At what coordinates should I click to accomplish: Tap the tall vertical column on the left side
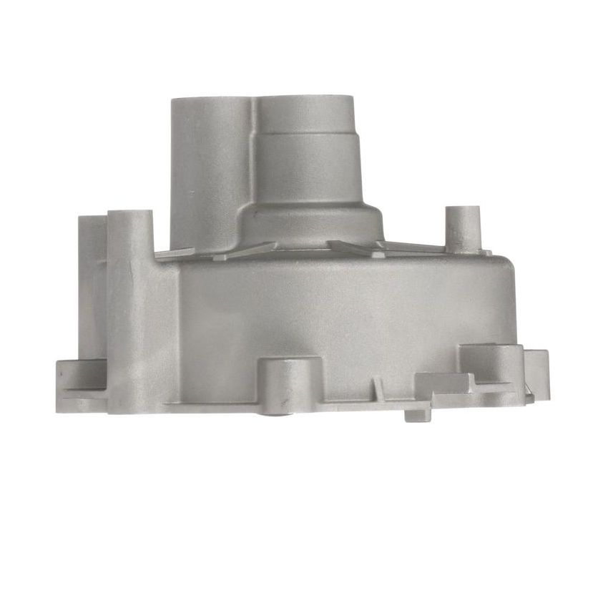pos(130,308)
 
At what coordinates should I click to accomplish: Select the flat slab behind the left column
pos(92,286)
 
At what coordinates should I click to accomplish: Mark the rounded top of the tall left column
pos(130,215)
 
